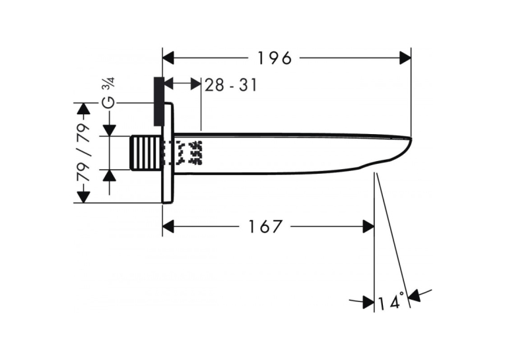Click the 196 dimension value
[275, 58]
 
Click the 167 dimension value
[265, 227]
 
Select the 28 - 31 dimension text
[231, 85]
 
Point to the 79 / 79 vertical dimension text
[83, 153]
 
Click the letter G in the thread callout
[108, 102]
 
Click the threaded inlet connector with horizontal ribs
[146, 153]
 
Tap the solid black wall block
[159, 101]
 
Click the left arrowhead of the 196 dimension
[168, 58]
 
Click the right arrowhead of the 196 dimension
[405, 58]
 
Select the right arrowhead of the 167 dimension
[368, 227]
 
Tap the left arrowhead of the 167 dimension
[168, 227]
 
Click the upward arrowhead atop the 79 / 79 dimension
[83, 108]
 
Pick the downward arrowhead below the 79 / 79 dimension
[83, 197]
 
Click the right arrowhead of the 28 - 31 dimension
[195, 84]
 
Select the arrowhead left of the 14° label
[368, 302]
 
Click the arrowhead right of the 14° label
[415, 295]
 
